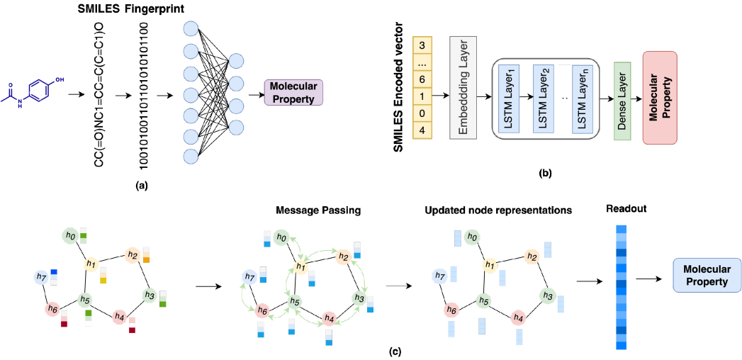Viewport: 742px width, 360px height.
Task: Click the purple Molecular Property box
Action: pos(293,92)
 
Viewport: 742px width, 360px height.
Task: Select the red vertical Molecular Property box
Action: pos(659,97)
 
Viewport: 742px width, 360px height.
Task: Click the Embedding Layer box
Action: pos(463,88)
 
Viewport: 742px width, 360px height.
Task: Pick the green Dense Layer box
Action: pos(622,101)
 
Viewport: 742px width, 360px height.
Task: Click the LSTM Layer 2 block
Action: pos(544,99)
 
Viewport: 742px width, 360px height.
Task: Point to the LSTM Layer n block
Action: pos(583,99)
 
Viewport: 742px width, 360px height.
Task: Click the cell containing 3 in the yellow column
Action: pos(422,45)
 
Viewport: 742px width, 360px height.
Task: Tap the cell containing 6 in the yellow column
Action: pos(422,79)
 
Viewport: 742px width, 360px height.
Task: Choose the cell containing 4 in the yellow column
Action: pos(422,130)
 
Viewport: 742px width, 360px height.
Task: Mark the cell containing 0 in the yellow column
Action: pos(422,113)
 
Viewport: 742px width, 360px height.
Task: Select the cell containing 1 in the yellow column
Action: pos(422,96)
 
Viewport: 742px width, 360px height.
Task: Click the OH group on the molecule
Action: pos(60,80)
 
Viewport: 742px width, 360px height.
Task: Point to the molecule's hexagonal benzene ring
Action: pos(41,91)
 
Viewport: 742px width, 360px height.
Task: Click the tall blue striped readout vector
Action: pos(622,287)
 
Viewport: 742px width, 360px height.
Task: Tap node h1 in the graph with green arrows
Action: pos(301,267)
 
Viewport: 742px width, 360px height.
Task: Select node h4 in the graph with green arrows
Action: pos(329,319)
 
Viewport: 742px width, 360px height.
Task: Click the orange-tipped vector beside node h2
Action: pos(146,254)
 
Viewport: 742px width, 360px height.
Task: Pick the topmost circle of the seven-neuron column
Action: pos(191,29)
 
